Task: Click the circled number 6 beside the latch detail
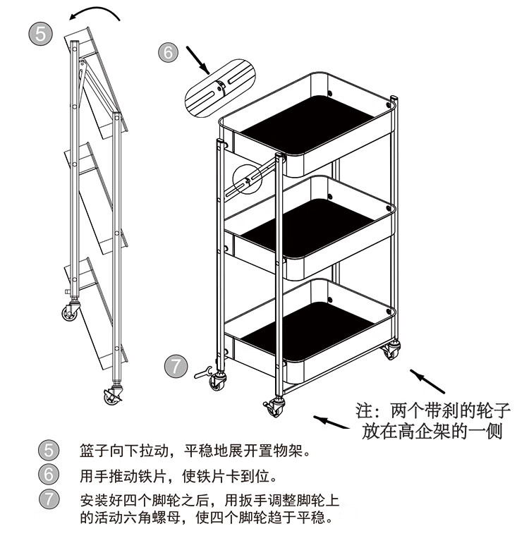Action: tap(168, 53)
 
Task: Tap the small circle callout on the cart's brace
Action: tap(245, 180)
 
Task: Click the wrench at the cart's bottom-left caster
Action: tap(202, 371)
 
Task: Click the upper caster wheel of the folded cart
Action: tap(71, 311)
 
